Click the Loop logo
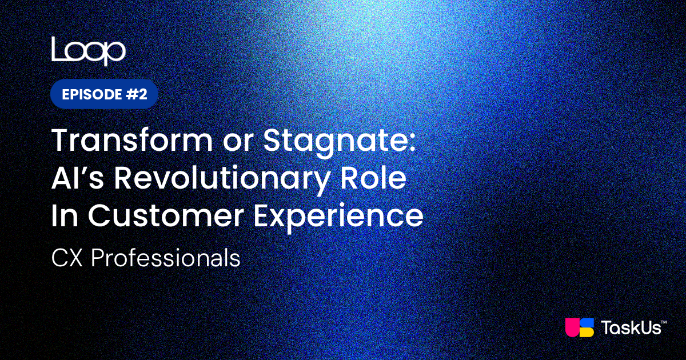pos(89,51)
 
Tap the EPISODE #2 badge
pos(104,94)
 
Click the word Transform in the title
pos(132,141)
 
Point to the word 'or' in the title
pos(238,144)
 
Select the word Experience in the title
pos(338,217)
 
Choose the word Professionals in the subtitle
pos(165,258)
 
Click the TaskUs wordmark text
pos(631,327)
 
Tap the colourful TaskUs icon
pos(580,327)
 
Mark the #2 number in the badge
pos(137,94)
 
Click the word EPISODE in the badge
pos(92,94)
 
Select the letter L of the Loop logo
pos(58,49)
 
